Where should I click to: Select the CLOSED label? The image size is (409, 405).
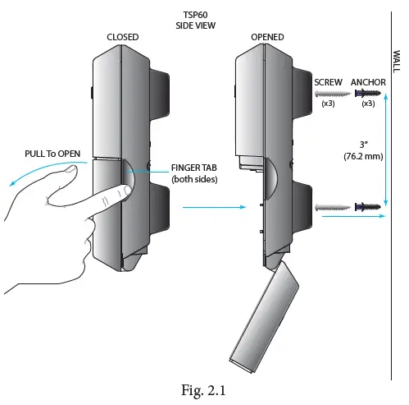pyautogui.click(x=123, y=37)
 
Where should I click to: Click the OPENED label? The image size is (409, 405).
pyautogui.click(x=268, y=37)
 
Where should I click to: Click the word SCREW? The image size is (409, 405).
pyautogui.click(x=329, y=83)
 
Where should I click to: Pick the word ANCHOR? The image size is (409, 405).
pyautogui.click(x=368, y=83)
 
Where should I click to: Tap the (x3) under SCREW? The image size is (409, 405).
pyautogui.click(x=329, y=104)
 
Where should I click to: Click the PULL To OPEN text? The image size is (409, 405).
pyautogui.click(x=42, y=154)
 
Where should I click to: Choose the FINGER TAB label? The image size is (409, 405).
pyautogui.click(x=193, y=168)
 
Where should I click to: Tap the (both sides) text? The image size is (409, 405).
pyautogui.click(x=193, y=179)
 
